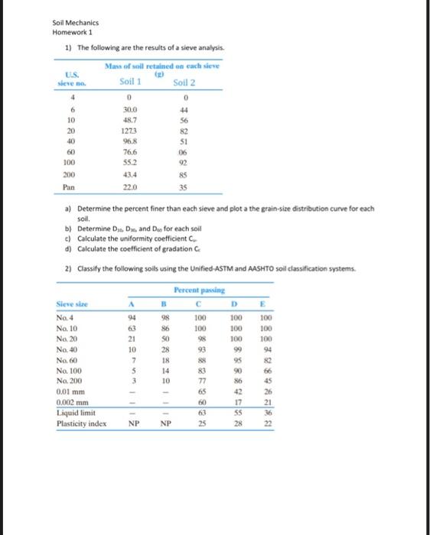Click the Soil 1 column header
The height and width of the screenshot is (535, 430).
click(x=130, y=82)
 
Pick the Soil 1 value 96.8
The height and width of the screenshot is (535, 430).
click(x=130, y=141)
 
